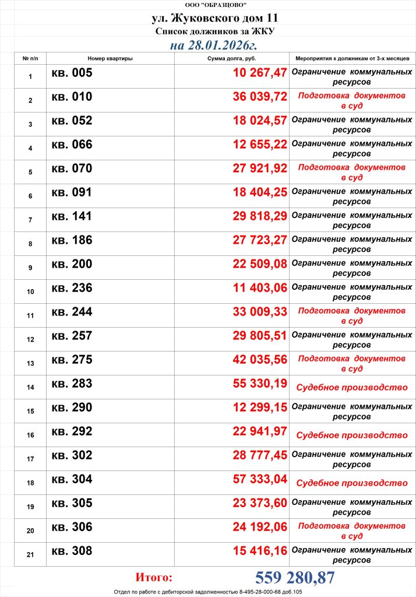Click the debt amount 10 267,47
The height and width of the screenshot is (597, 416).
point(260,73)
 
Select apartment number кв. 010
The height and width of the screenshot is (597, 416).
point(72,97)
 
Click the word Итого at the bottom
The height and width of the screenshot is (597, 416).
point(154,578)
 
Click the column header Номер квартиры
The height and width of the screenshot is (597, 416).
point(110,59)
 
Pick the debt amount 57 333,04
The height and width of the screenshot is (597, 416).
point(260,479)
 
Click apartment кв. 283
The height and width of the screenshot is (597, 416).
point(72,384)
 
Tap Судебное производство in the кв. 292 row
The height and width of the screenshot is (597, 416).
point(352,436)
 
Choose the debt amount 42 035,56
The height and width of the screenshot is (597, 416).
point(260,360)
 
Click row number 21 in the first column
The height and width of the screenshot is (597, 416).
point(30,555)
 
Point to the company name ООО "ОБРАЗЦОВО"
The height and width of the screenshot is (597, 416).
point(208,5)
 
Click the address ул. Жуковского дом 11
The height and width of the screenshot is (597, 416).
point(208,19)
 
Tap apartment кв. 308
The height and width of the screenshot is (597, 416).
point(72,551)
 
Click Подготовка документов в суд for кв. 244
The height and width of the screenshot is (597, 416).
point(352,316)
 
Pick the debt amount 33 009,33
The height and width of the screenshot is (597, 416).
point(260,312)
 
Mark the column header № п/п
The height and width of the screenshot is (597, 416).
point(30,59)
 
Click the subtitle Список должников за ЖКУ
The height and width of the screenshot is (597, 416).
point(208,31)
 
